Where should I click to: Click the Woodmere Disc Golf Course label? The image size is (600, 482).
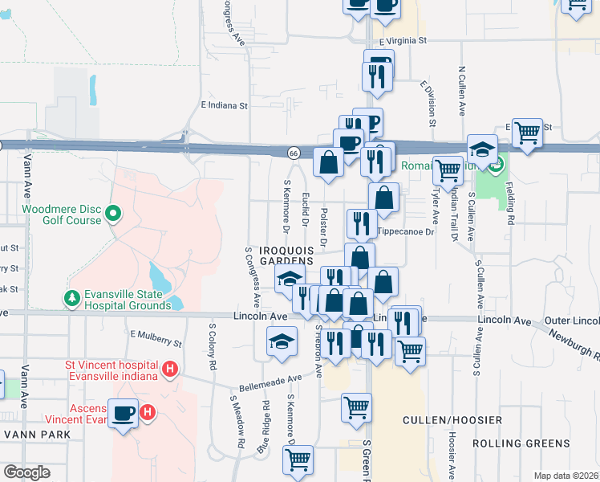[x=62, y=214]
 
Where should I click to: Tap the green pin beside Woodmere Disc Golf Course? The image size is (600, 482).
[x=113, y=214]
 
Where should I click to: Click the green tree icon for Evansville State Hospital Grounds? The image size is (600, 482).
[x=71, y=299]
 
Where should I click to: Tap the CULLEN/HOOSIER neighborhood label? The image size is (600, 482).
[x=452, y=420]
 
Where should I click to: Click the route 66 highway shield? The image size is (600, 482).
[x=294, y=153]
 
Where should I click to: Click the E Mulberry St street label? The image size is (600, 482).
[x=156, y=338]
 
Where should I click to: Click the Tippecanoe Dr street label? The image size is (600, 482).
[x=405, y=231]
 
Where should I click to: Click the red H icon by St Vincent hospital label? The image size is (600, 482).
[x=169, y=369]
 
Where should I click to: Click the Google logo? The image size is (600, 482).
[x=26, y=472]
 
